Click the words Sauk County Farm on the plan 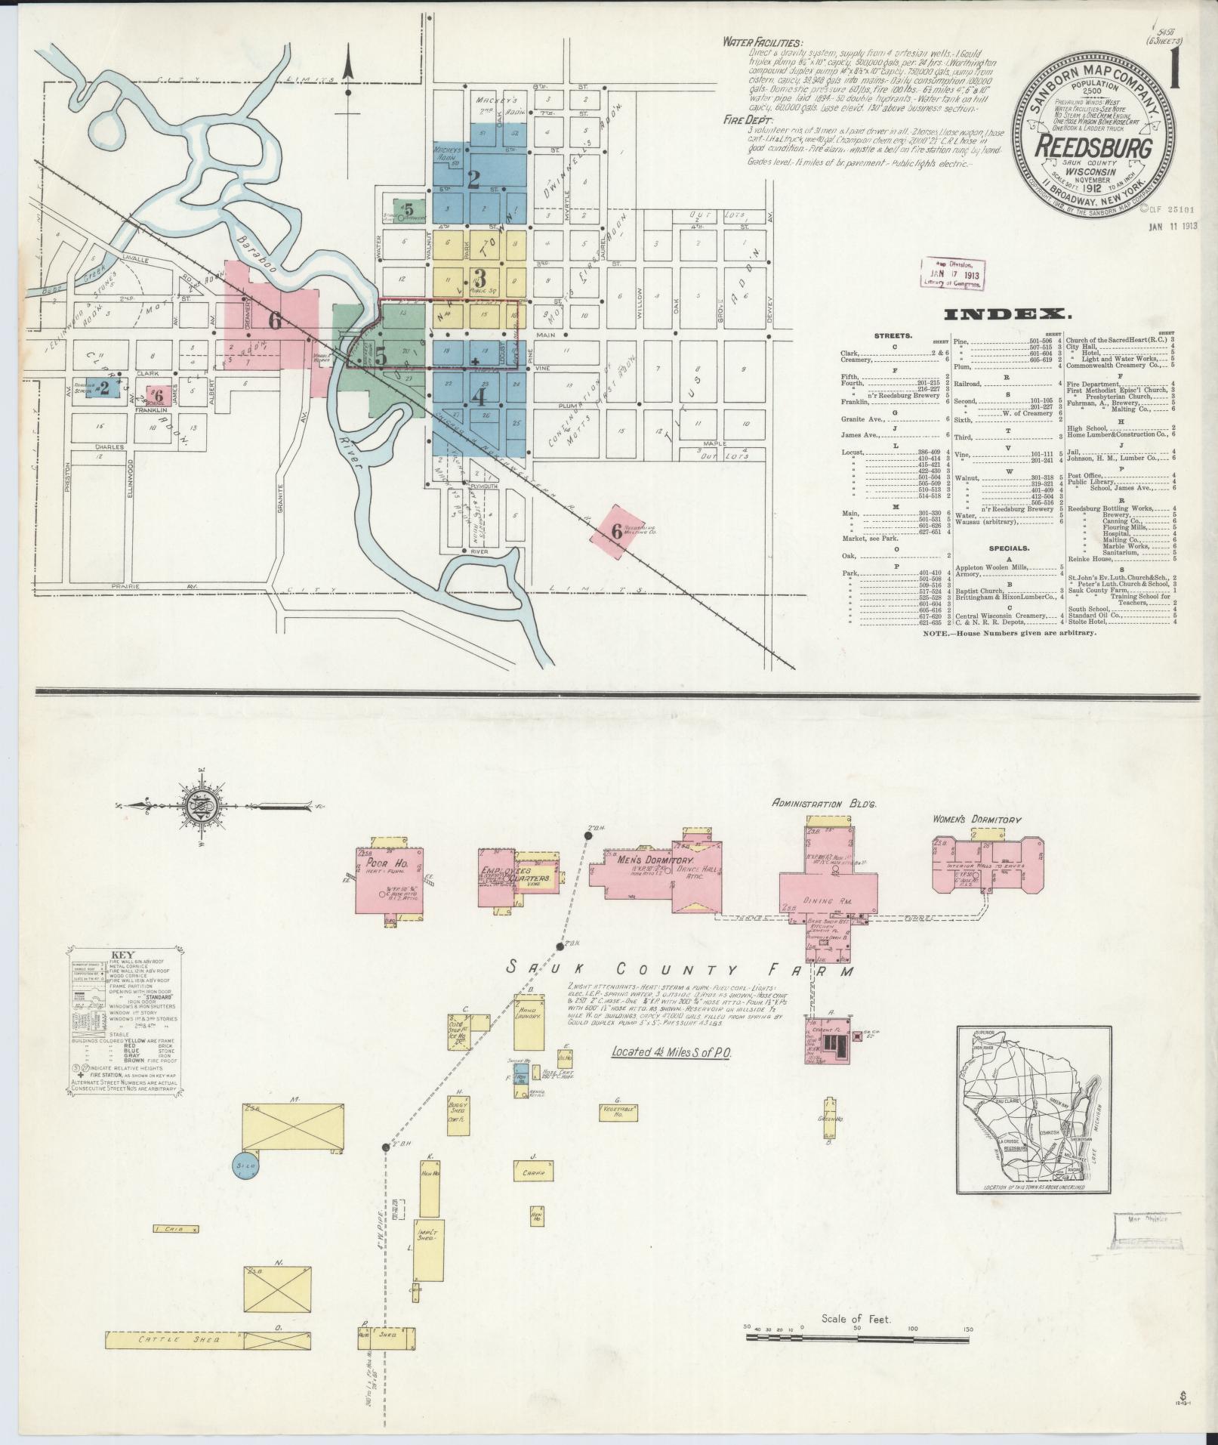click(x=680, y=969)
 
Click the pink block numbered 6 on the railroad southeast click(x=617, y=531)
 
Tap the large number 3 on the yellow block click(x=480, y=277)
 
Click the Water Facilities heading click(x=763, y=43)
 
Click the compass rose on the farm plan click(x=201, y=806)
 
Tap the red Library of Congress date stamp click(x=951, y=273)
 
